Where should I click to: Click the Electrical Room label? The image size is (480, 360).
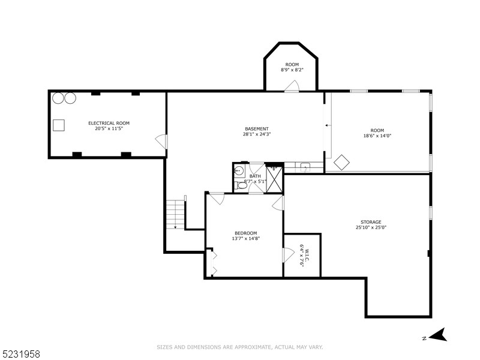tap(109, 123)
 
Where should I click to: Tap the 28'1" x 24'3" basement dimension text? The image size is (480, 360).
tap(257, 134)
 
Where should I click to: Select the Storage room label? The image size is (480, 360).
tap(371, 222)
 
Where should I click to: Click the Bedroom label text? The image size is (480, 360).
tap(245, 233)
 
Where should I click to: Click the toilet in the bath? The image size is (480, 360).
tap(241, 185)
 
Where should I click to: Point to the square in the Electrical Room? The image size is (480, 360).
tap(58, 125)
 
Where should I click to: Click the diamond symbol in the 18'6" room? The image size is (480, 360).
tap(342, 163)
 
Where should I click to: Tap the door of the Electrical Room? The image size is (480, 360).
tap(161, 142)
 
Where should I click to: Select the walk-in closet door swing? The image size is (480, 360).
tap(287, 254)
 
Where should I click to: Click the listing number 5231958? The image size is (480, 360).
tap(21, 354)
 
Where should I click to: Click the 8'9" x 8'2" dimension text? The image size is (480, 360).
tap(292, 70)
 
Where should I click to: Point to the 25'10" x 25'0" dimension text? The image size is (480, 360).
tap(371, 227)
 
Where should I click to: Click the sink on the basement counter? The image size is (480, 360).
tap(305, 167)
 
